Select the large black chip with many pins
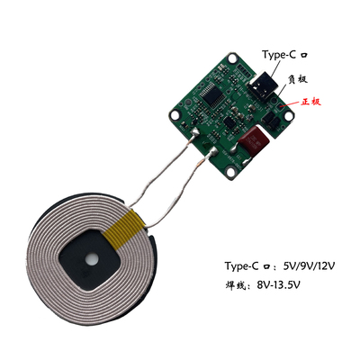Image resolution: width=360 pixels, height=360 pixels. click(x=212, y=94)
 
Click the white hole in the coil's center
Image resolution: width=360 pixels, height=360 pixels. click(x=91, y=260)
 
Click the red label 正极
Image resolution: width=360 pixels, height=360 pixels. click(x=311, y=102)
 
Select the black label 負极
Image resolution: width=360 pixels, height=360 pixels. click(x=298, y=79)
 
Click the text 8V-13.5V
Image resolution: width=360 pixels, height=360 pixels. click(x=278, y=284)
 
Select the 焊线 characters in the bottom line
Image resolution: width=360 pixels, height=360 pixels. click(x=235, y=285)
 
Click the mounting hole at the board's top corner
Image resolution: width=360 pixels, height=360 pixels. click(x=232, y=58)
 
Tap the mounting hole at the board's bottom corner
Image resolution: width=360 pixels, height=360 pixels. click(x=230, y=172)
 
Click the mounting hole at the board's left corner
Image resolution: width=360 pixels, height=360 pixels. click(x=175, y=115)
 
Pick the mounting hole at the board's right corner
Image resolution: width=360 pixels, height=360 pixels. click(x=289, y=117)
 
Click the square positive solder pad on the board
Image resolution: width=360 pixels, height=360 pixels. click(x=280, y=106)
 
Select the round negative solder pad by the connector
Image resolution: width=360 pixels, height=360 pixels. click(x=274, y=99)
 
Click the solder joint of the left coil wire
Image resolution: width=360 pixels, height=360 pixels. click(x=194, y=132)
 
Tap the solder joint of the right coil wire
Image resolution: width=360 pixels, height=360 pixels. click(x=213, y=151)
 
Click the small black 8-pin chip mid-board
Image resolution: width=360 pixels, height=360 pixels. click(x=229, y=122)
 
